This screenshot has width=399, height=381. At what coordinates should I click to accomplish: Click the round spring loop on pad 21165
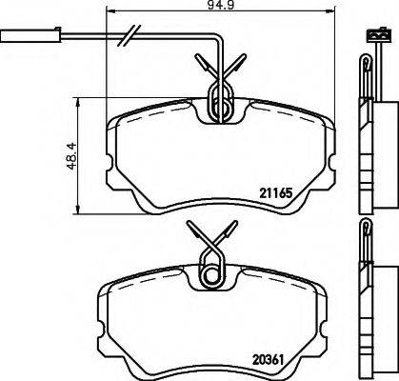point(220,107)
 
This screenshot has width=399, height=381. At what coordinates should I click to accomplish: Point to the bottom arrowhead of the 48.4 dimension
point(75,211)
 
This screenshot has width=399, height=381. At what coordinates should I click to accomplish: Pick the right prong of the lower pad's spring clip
point(231,232)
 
